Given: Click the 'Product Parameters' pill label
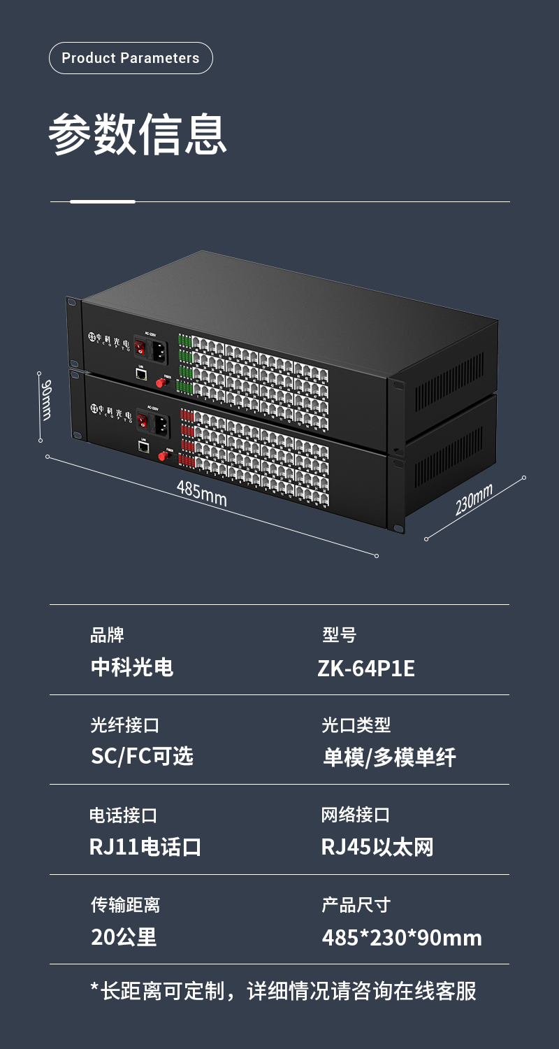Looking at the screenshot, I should pyautogui.click(x=131, y=58).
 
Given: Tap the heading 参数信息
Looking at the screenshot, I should pyautogui.click(x=138, y=134).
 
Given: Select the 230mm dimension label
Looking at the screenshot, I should pyautogui.click(x=474, y=499).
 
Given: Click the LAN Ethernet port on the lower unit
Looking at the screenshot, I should pyautogui.click(x=143, y=446).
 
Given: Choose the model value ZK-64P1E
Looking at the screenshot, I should pyautogui.click(x=366, y=669).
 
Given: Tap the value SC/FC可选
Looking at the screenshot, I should pyautogui.click(x=142, y=757).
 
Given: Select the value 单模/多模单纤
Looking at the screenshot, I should pyautogui.click(x=389, y=757).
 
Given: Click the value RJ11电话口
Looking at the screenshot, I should pyautogui.click(x=145, y=848).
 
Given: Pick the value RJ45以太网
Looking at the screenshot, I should pyautogui.click(x=377, y=848).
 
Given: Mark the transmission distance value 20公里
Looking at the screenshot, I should pyautogui.click(x=124, y=937).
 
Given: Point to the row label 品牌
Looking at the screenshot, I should pyautogui.click(x=107, y=635).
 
